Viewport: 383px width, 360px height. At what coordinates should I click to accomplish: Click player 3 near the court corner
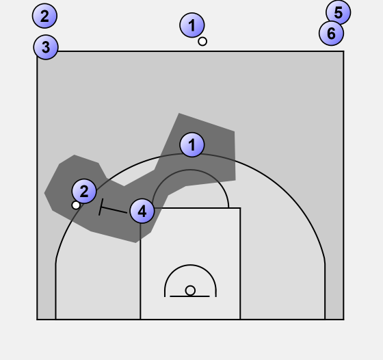point(46,47)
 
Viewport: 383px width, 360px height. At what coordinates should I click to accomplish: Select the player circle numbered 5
point(339,12)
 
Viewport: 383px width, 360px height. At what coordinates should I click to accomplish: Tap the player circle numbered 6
point(331,33)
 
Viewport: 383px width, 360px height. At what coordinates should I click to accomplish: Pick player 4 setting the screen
point(142,211)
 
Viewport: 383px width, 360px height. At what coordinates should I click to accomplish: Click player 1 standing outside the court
point(192,25)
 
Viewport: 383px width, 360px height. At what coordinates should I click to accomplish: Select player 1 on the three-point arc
point(192,144)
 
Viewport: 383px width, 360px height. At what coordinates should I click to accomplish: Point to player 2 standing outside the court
point(44,16)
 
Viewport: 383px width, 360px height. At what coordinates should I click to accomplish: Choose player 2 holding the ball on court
point(84,191)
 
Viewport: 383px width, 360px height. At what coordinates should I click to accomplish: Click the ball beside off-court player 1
point(202,42)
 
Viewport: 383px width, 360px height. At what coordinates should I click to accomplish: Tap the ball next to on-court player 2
point(76,205)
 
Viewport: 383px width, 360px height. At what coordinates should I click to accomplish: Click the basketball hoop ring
point(190,291)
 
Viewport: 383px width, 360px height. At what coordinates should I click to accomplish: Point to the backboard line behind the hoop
point(189,296)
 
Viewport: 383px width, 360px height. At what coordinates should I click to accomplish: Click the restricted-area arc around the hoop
point(190,265)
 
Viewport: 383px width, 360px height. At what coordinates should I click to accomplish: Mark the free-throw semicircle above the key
point(190,170)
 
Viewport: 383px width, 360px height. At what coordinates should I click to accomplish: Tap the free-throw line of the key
point(190,208)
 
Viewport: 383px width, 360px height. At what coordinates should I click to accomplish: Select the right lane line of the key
point(240,263)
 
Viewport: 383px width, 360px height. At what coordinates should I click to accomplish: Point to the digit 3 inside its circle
point(46,47)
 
